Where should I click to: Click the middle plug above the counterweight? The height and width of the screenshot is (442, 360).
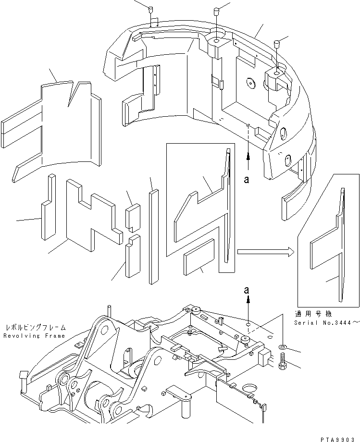coord(216,11)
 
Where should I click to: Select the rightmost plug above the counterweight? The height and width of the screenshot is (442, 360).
coord(277,45)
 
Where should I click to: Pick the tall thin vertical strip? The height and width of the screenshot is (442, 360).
coord(153,235)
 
